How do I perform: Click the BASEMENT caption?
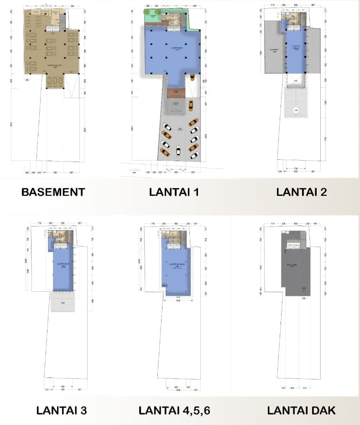(53, 192)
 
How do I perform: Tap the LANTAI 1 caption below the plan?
(174, 192)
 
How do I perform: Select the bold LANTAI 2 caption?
(301, 192)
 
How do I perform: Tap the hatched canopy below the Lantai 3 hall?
(63, 302)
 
